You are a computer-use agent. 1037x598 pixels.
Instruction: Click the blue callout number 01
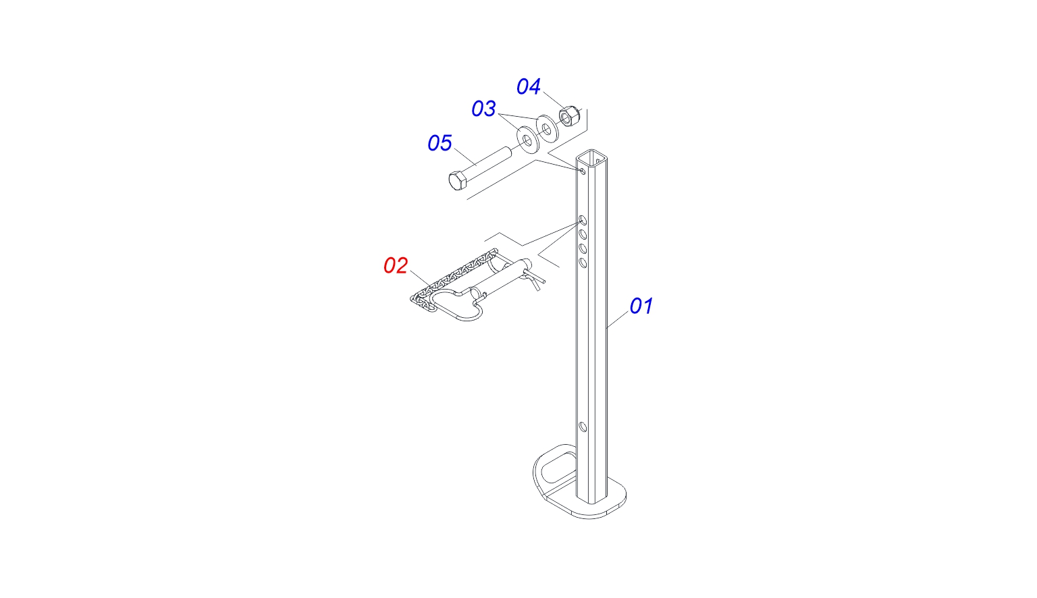(x=641, y=306)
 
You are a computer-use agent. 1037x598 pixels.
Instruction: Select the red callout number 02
(x=396, y=266)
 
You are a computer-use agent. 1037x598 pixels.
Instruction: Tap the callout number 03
(x=483, y=109)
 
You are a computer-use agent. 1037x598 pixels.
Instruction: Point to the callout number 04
(x=528, y=86)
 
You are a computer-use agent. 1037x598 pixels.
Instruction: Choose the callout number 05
(x=440, y=143)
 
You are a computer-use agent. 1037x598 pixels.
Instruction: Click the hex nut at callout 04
(x=567, y=115)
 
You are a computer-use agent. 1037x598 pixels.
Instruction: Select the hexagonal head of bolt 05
(x=457, y=180)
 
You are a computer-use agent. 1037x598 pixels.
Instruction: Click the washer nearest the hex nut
(x=548, y=128)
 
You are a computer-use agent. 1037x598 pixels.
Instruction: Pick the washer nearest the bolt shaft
(x=528, y=139)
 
